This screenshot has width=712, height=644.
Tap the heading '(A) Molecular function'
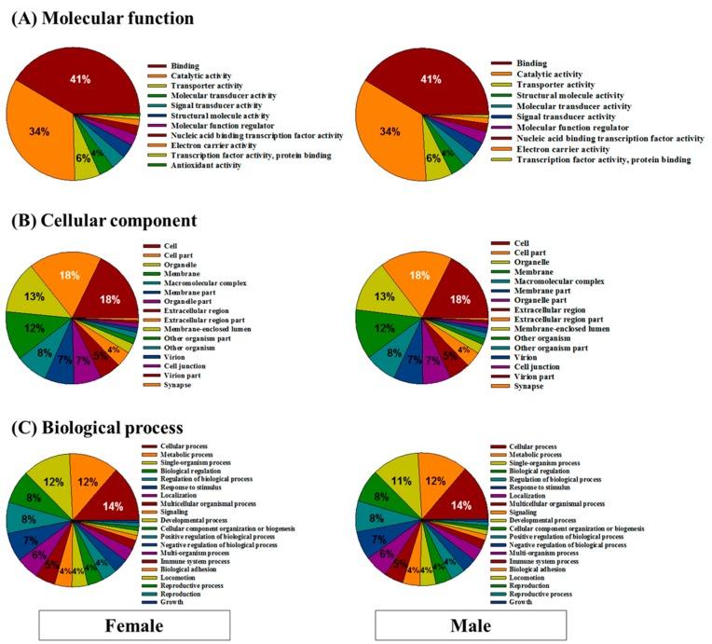(x=111, y=17)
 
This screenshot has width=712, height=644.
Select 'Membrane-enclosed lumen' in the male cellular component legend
(x=565, y=329)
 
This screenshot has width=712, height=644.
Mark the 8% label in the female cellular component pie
(x=44, y=353)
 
